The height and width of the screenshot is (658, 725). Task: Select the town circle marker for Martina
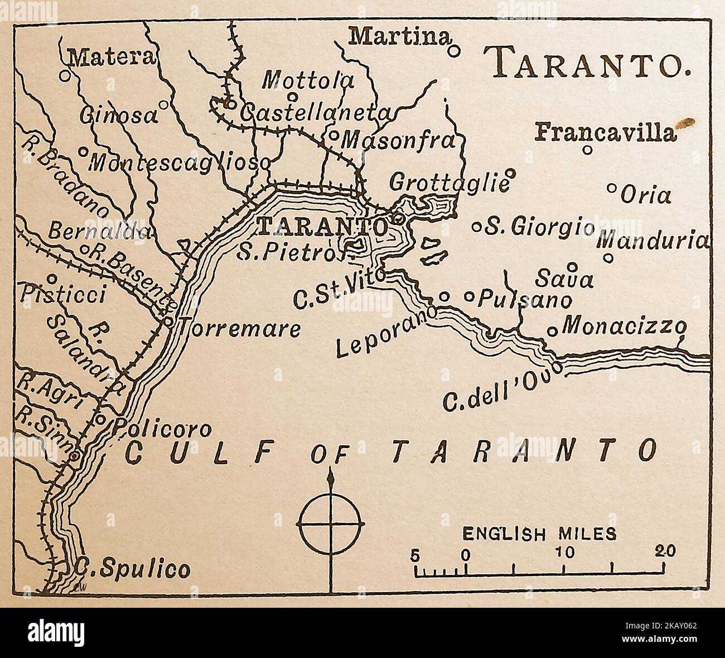point(455,51)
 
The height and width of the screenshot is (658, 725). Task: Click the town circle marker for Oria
point(611,188)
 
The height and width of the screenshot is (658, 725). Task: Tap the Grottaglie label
point(448,182)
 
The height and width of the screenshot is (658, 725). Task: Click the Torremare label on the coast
point(238,329)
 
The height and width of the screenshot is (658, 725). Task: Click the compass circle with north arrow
point(331,525)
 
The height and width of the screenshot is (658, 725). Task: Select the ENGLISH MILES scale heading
point(540,534)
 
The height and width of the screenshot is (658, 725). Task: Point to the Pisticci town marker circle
point(51,278)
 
